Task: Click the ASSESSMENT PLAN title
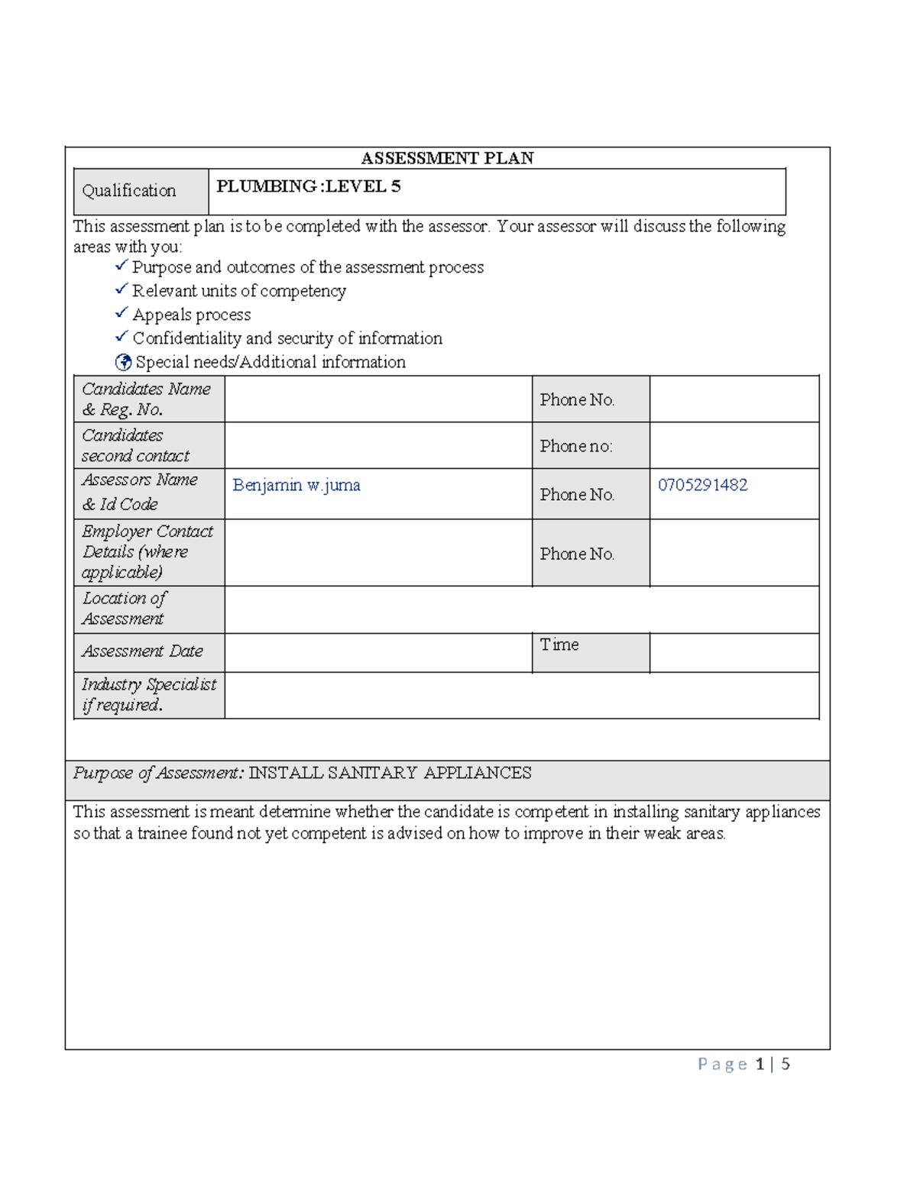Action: tap(447, 158)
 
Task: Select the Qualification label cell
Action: tap(129, 191)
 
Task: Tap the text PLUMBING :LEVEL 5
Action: tap(308, 186)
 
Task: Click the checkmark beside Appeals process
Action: tap(122, 313)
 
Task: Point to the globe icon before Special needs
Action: tap(123, 362)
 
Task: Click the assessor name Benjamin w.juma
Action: tap(296, 485)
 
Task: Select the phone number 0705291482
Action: tap(702, 485)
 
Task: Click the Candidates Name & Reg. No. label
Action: tap(146, 399)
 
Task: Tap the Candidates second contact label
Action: tap(135, 445)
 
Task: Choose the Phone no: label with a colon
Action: tap(576, 446)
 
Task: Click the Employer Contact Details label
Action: tap(147, 551)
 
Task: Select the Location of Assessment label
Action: tap(124, 608)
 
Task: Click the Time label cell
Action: tap(559, 645)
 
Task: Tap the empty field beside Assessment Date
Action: tap(377, 653)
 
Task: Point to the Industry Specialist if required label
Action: tap(148, 694)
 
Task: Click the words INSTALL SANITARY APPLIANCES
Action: tap(390, 773)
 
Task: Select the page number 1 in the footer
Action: tap(760, 1064)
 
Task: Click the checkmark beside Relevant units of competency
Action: tap(122, 289)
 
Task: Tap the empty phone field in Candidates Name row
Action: tap(734, 399)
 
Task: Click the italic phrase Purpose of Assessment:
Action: tap(159, 773)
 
